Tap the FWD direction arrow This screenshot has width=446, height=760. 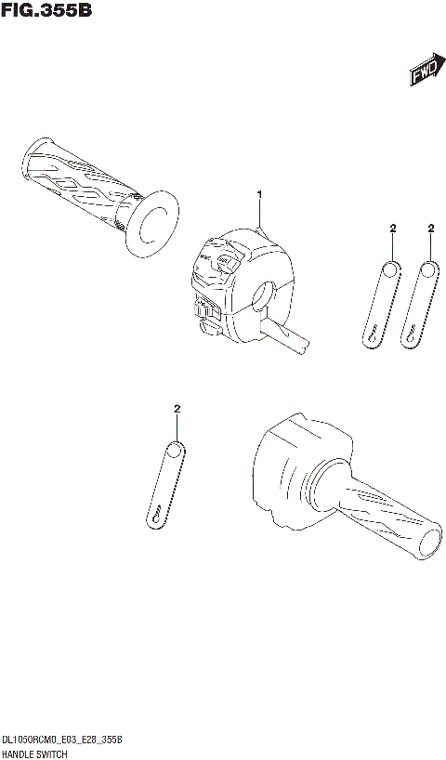pyautogui.click(x=424, y=74)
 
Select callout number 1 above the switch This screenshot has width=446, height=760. pyautogui.click(x=260, y=193)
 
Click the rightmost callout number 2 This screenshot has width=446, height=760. pyautogui.click(x=431, y=228)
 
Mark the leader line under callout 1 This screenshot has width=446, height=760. pyautogui.click(x=261, y=214)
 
